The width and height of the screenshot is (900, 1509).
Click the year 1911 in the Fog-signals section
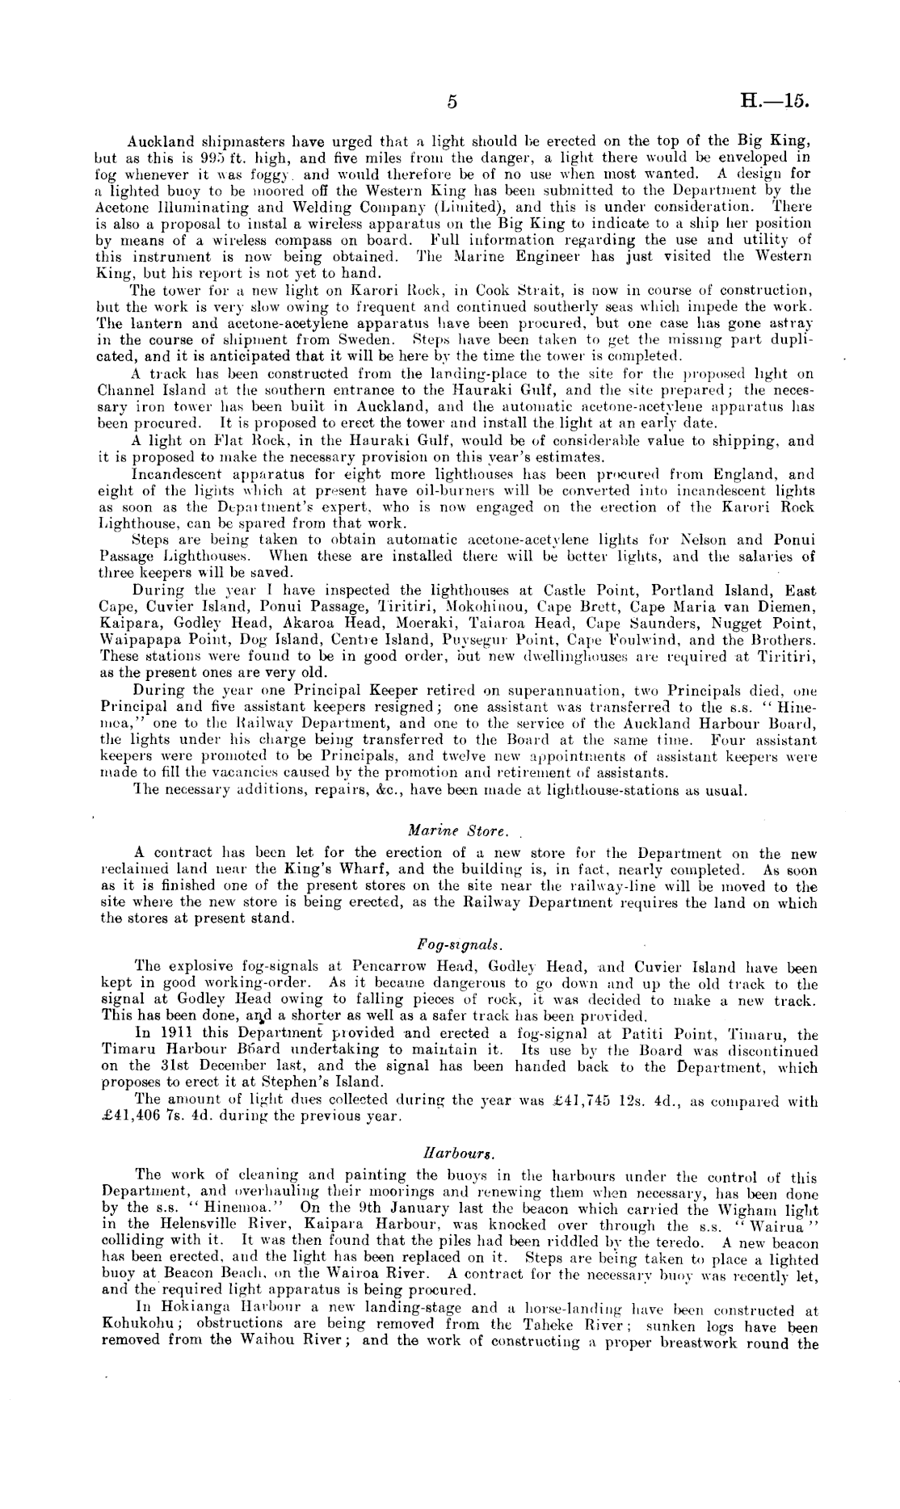pos(177,1034)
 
